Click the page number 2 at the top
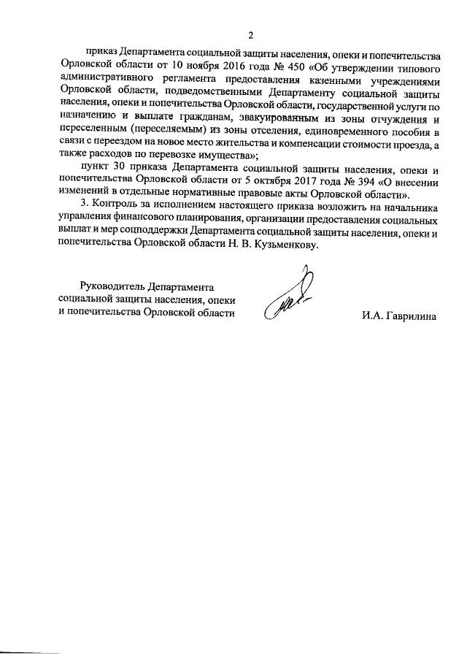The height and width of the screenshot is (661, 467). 250,34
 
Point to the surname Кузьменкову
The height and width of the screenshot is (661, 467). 285,245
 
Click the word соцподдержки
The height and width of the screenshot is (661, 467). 149,233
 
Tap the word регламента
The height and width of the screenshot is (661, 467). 186,77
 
